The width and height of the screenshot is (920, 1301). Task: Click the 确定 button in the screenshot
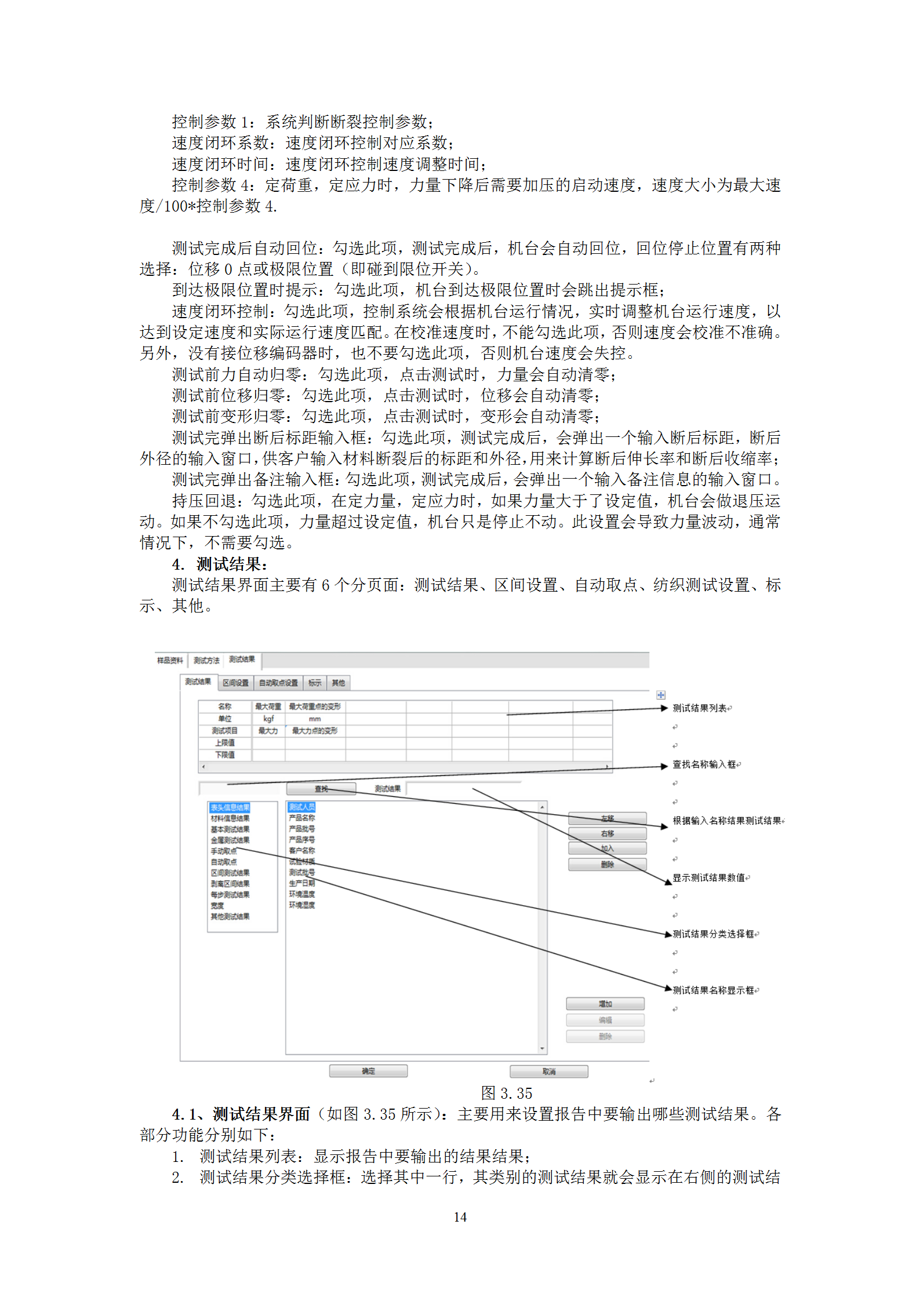368,1071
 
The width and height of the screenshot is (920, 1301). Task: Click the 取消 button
548,1072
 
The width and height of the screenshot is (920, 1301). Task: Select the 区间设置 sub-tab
235,683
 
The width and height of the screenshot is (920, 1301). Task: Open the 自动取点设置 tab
278,683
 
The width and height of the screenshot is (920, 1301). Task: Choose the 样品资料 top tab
170,660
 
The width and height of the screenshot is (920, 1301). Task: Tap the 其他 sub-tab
338,683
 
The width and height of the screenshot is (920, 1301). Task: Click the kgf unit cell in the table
268,719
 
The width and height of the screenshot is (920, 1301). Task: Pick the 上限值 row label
225,742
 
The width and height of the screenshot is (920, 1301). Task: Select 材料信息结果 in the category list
230,818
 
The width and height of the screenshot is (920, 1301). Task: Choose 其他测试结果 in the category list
230,916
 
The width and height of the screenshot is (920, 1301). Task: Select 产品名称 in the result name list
302,818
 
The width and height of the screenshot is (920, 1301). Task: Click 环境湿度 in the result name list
302,905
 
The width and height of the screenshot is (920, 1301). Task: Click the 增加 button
605,1004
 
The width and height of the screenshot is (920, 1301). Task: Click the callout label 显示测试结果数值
708,878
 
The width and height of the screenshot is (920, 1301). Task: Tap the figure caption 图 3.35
506,1093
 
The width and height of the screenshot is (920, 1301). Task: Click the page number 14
460,1217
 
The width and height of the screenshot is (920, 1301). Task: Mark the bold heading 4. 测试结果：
220,564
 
